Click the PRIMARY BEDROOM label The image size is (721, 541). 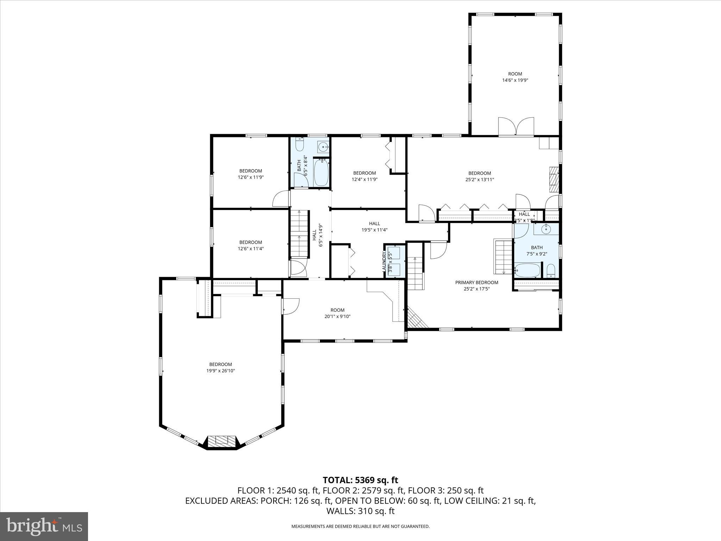coord(477,282)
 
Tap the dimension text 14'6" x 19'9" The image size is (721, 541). coord(515,80)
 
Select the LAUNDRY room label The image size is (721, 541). coord(384,261)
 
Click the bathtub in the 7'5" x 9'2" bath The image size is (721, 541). coord(527,270)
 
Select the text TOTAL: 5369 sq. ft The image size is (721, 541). coord(360,480)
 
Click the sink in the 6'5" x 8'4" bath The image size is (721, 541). coord(323,147)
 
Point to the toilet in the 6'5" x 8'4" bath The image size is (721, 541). coord(300,145)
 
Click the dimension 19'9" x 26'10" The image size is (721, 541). coord(221,371)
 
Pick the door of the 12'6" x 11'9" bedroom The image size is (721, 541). coord(281,199)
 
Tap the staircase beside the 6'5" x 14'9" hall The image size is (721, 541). coord(299,234)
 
